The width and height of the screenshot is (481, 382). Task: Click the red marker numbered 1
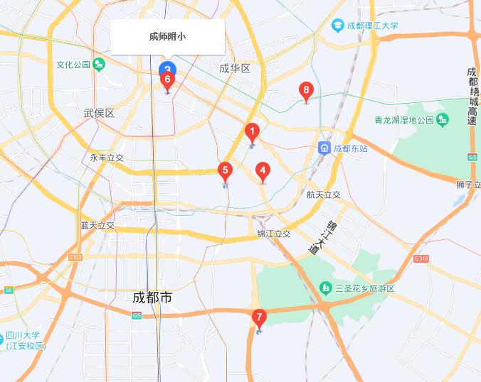pyautogui.click(x=251, y=132)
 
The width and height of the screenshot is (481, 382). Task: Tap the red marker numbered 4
pyautogui.click(x=263, y=170)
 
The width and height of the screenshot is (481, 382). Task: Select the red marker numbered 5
pyautogui.click(x=225, y=170)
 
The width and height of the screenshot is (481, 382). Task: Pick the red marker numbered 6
pyautogui.click(x=168, y=80)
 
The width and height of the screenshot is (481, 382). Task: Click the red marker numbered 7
pyautogui.click(x=259, y=317)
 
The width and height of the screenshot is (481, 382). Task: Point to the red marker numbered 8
pyautogui.click(x=306, y=90)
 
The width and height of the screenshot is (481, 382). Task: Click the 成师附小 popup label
pyautogui.click(x=168, y=36)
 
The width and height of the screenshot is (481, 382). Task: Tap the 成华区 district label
pyautogui.click(x=235, y=69)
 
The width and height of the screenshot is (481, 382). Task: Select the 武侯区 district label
pyautogui.click(x=99, y=113)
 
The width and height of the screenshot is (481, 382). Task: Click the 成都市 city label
pyautogui.click(x=152, y=298)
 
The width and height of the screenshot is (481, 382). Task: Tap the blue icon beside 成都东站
pyautogui.click(x=324, y=148)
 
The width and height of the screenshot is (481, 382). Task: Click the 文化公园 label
pyautogui.click(x=74, y=65)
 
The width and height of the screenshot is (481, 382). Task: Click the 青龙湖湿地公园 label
pyautogui.click(x=404, y=120)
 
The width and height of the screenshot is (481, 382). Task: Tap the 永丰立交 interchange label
pyautogui.click(x=107, y=158)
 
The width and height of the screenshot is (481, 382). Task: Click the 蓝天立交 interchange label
pyautogui.click(x=97, y=225)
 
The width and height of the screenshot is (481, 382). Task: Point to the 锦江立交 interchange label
pyautogui.click(x=274, y=234)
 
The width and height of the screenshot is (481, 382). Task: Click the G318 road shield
pyautogui.click(x=421, y=259)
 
